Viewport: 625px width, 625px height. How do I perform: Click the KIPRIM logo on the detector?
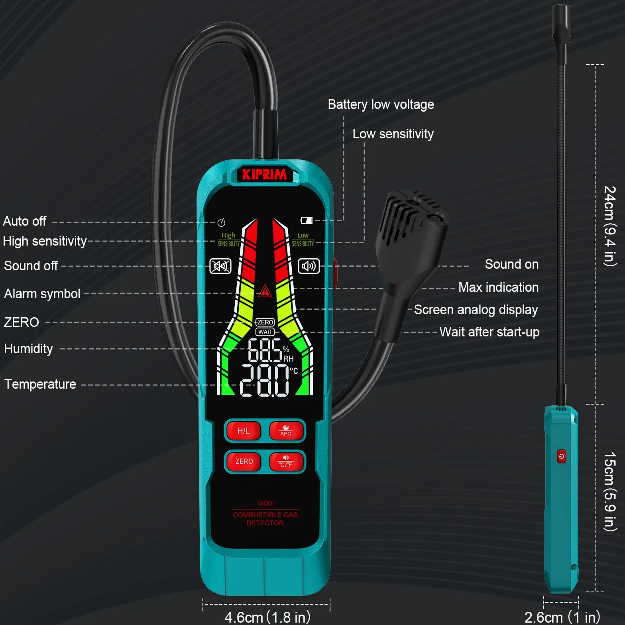pyautogui.click(x=264, y=175)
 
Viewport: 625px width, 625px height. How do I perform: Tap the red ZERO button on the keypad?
pyautogui.click(x=244, y=462)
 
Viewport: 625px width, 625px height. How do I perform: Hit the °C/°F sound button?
pyautogui.click(x=286, y=462)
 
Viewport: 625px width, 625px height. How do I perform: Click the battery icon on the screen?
pyautogui.click(x=307, y=220)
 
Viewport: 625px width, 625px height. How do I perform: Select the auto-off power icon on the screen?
pyautogui.click(x=222, y=222)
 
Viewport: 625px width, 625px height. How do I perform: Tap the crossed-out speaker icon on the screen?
pyautogui.click(x=220, y=266)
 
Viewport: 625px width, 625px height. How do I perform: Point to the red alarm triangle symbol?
pyautogui.click(x=265, y=291)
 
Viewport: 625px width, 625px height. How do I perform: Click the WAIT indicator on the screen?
pyautogui.click(x=265, y=332)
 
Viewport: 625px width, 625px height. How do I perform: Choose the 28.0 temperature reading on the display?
pyautogui.click(x=265, y=381)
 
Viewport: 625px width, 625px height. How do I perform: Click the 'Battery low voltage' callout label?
pyautogui.click(x=381, y=104)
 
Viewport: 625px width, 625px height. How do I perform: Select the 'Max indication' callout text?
pyautogui.click(x=498, y=287)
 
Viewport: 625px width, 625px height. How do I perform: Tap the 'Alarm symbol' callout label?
pyautogui.click(x=42, y=294)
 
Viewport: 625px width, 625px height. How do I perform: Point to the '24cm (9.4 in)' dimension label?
pyautogui.click(x=610, y=226)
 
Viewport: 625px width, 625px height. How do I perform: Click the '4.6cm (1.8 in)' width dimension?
pyautogui.click(x=267, y=617)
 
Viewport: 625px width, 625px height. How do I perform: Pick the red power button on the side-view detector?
pyautogui.click(x=561, y=456)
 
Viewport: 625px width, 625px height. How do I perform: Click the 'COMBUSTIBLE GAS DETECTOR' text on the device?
pyautogui.click(x=265, y=519)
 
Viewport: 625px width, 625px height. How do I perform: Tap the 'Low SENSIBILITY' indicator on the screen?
pyautogui.click(x=303, y=240)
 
